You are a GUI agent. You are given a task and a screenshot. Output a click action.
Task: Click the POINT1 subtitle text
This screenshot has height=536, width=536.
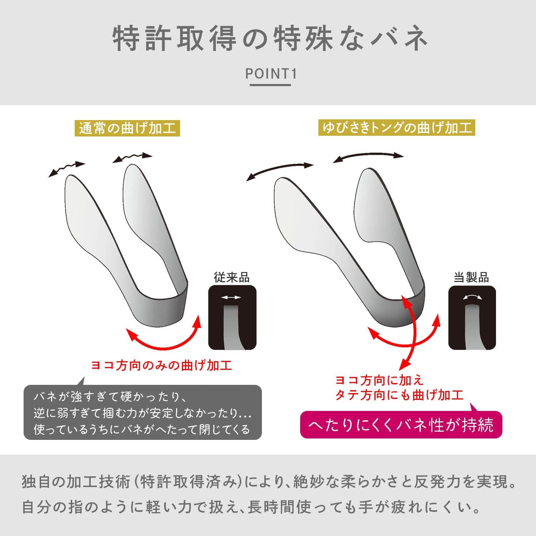point(271,74)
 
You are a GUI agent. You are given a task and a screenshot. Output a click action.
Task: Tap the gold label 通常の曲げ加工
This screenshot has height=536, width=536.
point(128,128)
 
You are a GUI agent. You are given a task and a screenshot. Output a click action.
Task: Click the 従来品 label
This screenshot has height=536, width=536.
point(232,278)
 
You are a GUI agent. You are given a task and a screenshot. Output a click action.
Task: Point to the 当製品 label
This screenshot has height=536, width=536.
point(471,278)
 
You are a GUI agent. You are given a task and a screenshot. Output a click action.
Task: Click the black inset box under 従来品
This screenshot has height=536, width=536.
point(232,318)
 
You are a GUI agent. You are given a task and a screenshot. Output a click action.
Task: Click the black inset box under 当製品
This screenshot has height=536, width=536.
point(472,318)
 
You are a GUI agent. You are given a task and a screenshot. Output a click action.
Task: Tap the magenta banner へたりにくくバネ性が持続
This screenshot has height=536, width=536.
point(401,425)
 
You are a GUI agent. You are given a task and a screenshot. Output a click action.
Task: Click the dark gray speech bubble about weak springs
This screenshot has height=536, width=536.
point(143,412)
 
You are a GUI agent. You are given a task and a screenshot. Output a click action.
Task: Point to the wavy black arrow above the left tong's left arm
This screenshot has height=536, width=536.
point(66,169)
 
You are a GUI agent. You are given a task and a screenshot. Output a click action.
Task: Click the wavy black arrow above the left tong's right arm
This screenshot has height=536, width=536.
point(132,158)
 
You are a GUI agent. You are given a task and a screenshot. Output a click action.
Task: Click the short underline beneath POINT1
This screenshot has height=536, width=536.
point(270,85)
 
